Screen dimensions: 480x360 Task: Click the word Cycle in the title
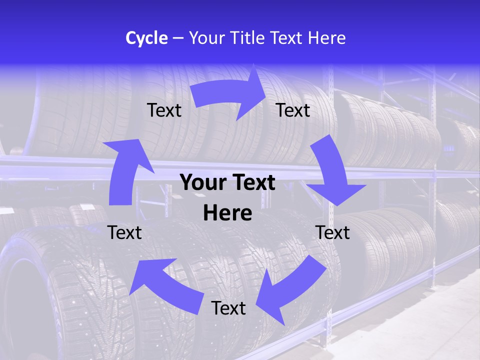pyautogui.click(x=146, y=38)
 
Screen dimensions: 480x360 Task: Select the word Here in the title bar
pyautogui.click(x=325, y=38)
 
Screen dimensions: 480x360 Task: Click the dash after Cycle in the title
pyautogui.click(x=178, y=38)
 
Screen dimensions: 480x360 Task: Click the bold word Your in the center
pyautogui.click(x=202, y=182)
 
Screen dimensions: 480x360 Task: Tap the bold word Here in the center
pyautogui.click(x=227, y=213)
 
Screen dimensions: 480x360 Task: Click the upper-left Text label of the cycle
pyautogui.click(x=164, y=110)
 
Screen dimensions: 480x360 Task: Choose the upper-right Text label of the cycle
pyautogui.click(x=293, y=110)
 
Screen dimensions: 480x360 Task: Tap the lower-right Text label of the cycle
pyautogui.click(x=332, y=232)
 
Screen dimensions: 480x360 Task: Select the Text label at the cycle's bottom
pyautogui.click(x=228, y=308)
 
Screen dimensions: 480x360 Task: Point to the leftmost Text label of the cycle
pyautogui.click(x=124, y=232)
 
